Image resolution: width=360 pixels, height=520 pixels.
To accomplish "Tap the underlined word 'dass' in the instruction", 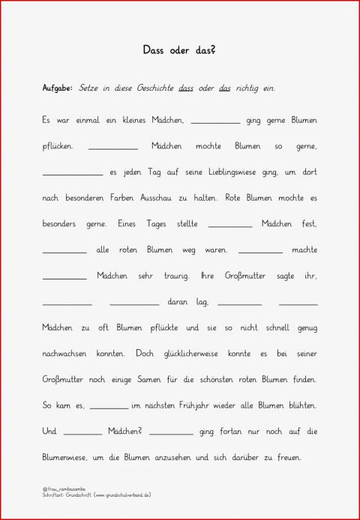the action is [x=187, y=88].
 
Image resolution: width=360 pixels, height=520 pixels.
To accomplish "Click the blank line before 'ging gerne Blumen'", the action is [x=216, y=121].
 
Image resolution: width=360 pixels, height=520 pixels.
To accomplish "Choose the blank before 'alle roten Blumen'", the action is [x=64, y=252].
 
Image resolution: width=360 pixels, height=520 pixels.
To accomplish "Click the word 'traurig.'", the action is [x=177, y=276].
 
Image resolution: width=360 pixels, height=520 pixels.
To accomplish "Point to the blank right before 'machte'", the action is [x=260, y=252].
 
